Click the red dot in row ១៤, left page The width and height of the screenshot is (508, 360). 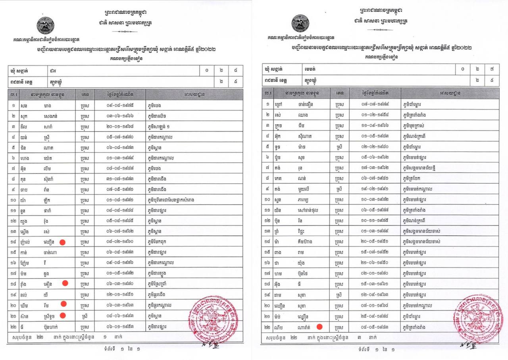pos(62,242)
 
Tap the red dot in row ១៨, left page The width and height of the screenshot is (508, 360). pos(65,283)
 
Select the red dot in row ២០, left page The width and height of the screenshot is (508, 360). pos(63,304)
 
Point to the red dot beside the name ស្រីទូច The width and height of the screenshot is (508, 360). pos(62,316)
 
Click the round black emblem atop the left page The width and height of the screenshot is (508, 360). pos(46,25)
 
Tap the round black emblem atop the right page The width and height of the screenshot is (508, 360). pos(300,23)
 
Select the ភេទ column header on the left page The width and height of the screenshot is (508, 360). pos(85,95)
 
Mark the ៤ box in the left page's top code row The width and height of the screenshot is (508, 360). pos(236,71)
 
